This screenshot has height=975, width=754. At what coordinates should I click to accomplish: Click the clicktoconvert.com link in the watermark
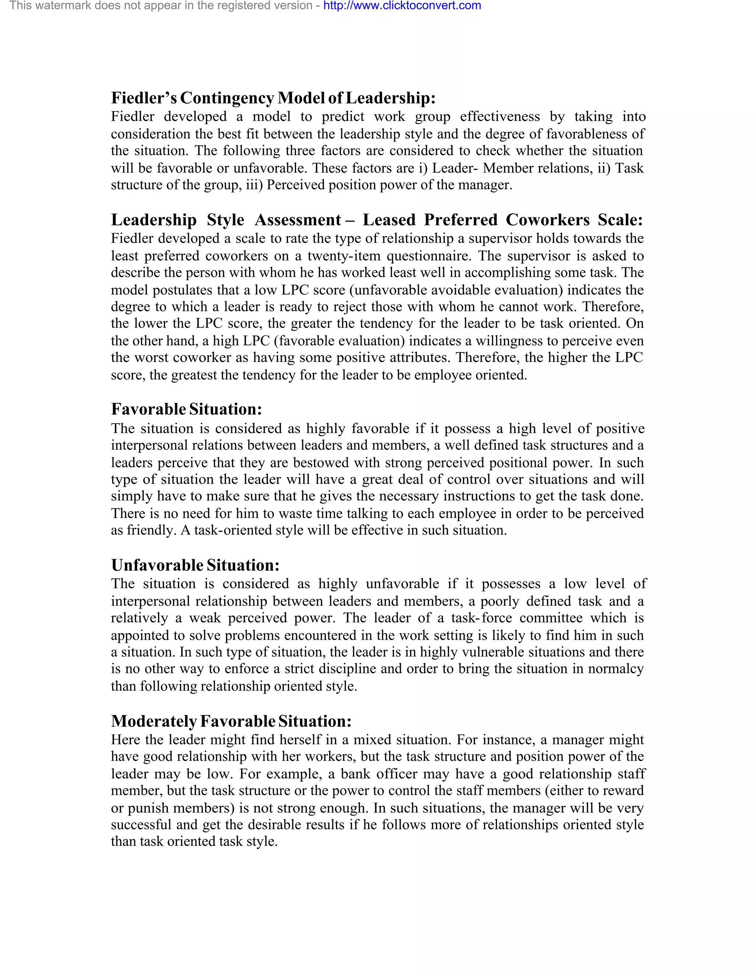click(402, 6)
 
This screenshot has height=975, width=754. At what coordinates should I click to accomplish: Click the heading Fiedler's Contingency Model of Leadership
click(273, 98)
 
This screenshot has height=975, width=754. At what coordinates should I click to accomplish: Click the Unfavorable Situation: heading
click(195, 565)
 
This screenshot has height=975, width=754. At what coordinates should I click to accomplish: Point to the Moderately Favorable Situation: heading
click(231, 721)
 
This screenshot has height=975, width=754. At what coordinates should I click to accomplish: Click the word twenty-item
click(343, 256)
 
